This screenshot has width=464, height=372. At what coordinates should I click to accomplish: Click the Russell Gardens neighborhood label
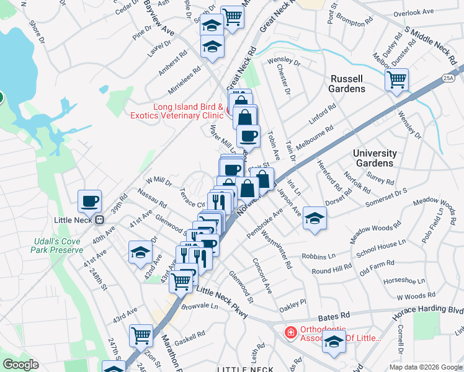point(347,84)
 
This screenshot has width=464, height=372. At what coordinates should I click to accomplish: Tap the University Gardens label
point(374,158)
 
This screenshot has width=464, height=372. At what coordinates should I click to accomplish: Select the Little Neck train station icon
point(98,219)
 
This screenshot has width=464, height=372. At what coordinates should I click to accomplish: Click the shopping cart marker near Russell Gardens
point(396,79)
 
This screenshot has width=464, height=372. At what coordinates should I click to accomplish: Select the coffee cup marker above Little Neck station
point(90,200)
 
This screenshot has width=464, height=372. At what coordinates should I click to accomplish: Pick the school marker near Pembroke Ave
point(315,218)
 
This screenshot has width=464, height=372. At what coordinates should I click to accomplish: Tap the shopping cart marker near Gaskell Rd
point(141,335)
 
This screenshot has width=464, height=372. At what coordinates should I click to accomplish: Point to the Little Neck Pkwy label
point(222,303)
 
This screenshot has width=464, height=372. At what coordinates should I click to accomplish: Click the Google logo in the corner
point(22,365)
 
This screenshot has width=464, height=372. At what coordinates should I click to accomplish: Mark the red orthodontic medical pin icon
point(290,333)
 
